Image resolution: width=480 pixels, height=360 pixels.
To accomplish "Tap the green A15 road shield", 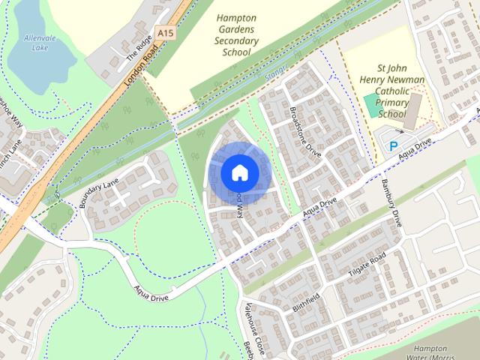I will [166, 33].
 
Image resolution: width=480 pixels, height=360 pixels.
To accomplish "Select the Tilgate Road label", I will [367, 266].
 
